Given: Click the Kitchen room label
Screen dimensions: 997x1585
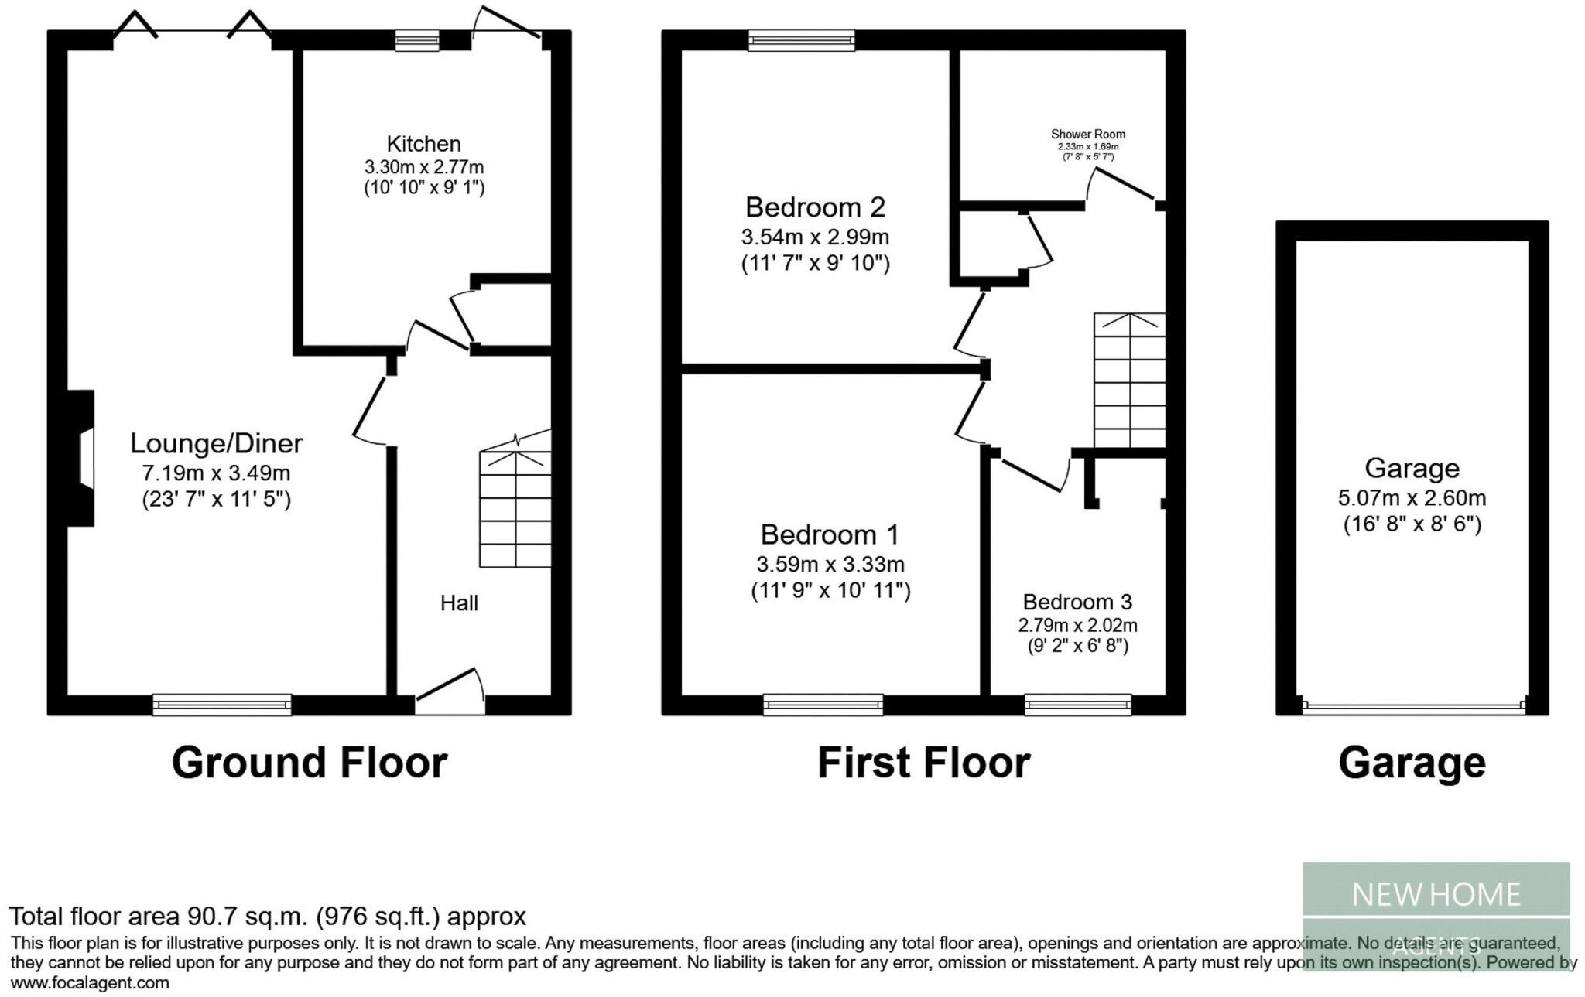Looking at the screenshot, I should pos(423,144).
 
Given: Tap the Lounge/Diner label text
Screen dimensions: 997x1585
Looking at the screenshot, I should pos(216,443).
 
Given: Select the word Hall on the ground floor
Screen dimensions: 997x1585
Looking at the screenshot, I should pos(459,603).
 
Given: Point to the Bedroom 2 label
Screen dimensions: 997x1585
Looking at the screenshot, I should pos(815,207).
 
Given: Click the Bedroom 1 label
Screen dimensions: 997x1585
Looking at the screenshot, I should pos(830,534).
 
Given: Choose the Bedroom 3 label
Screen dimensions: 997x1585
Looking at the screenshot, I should pos(1077,602).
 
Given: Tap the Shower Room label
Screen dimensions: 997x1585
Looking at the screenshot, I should pos(1087,135).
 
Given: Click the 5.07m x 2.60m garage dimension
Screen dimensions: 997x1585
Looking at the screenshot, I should pos(1412,498).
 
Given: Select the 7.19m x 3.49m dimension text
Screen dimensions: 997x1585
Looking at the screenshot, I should pos(216,473).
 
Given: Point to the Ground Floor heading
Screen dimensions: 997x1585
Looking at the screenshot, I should pos(309,763).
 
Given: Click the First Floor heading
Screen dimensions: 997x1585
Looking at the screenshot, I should pos(923,763).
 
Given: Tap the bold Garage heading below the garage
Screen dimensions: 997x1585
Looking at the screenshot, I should pos(1412,763).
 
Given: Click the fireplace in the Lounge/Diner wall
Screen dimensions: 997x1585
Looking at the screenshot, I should pos(82,459).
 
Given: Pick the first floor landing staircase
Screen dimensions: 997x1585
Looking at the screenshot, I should pos(1128,380).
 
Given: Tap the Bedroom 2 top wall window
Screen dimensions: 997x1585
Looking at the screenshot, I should pos(801,40).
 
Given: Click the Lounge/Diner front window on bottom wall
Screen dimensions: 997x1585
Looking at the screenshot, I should pos(222,705).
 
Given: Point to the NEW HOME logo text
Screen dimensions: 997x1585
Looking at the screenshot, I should pos(1436,895).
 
